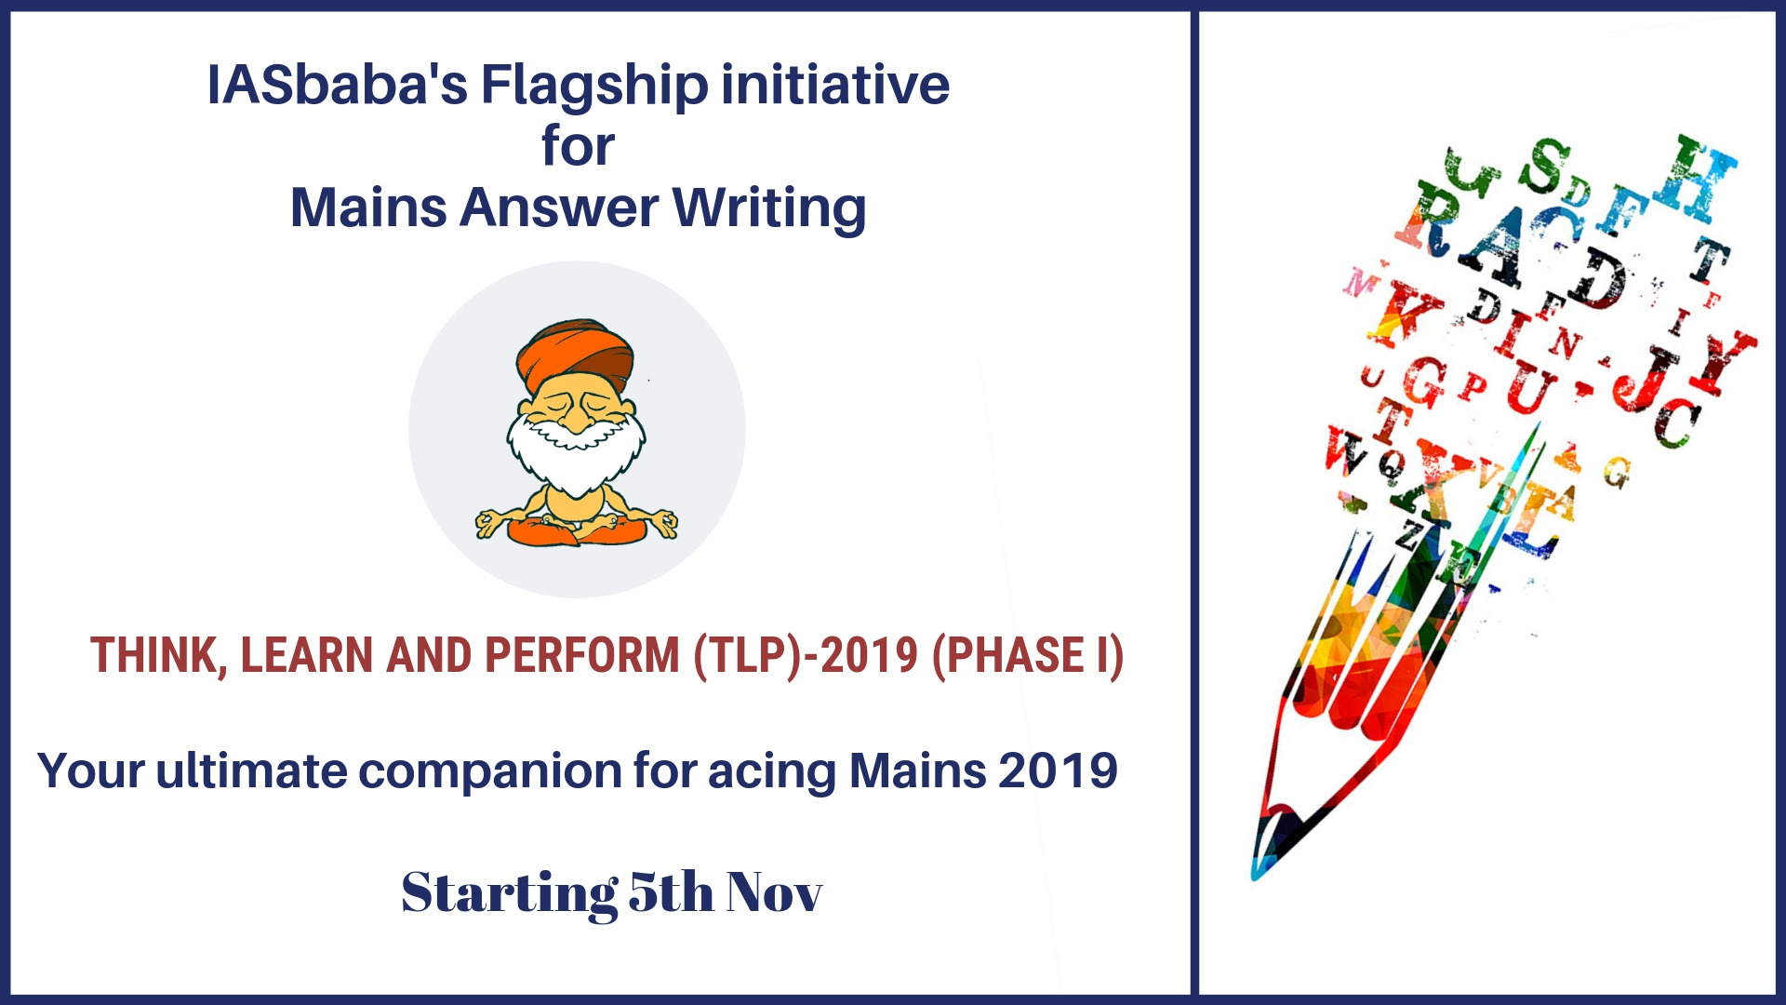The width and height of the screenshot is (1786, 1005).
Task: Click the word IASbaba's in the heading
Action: click(337, 85)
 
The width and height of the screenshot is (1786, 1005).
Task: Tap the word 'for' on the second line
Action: click(578, 146)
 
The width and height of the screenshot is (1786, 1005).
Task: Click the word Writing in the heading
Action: click(769, 208)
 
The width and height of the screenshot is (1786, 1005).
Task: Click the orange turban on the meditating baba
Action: click(575, 354)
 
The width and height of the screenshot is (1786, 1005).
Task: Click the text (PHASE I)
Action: click(1028, 656)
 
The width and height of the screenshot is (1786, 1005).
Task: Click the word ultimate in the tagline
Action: click(251, 770)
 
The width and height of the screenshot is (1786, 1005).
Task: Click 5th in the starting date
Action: click(671, 891)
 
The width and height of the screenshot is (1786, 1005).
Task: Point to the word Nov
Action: click(774, 892)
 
